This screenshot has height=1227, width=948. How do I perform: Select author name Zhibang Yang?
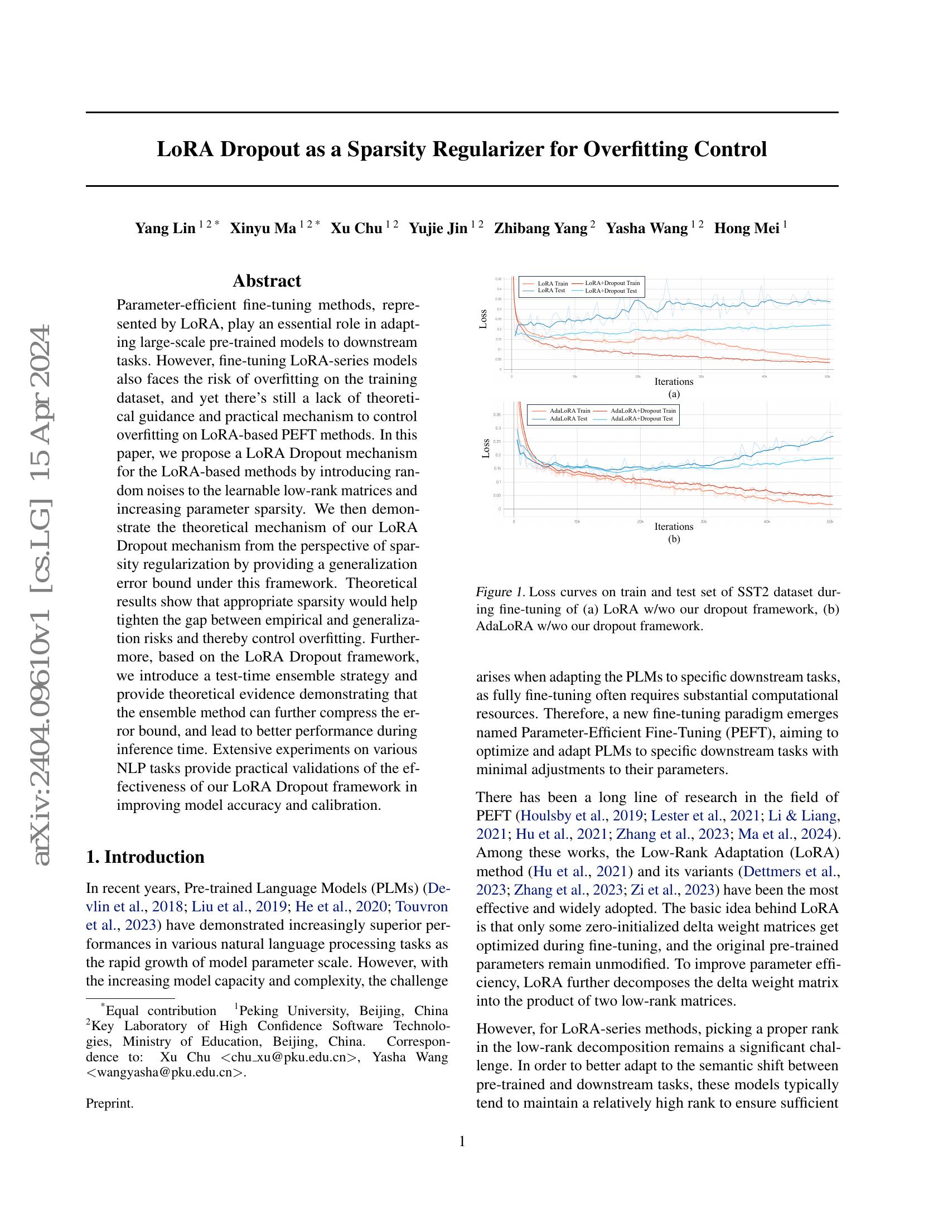pos(540,228)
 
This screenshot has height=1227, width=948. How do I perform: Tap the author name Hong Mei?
pos(746,228)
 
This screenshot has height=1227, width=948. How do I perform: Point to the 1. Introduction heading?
pos(145,857)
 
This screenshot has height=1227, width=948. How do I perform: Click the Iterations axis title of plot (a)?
pos(674,382)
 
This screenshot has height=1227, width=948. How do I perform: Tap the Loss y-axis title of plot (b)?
pos(486,448)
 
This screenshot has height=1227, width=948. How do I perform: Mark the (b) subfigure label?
pos(674,539)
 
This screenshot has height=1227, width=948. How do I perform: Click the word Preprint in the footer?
pos(109,1103)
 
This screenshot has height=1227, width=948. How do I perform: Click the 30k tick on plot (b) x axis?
pos(703,521)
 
